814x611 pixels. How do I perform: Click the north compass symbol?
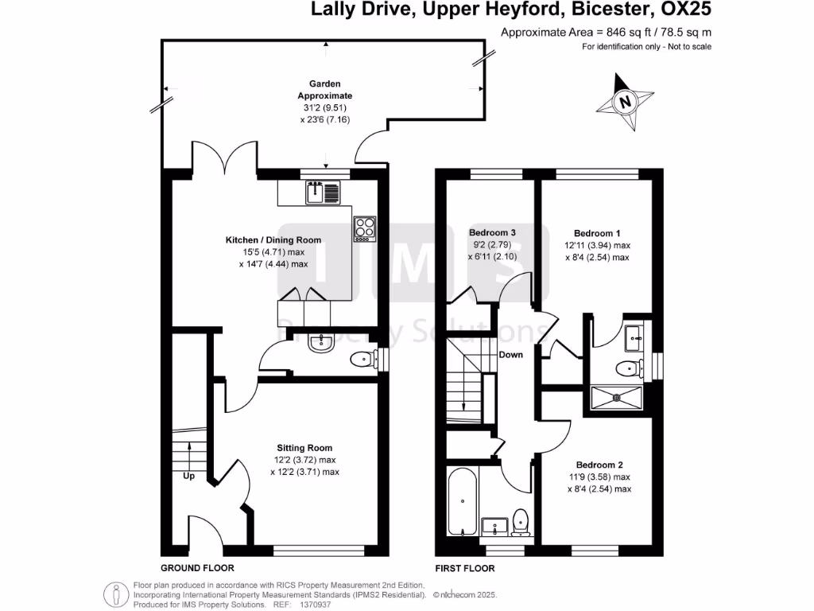(x=626, y=102)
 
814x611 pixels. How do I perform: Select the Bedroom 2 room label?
(x=599, y=465)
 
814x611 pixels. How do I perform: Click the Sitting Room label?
(x=304, y=447)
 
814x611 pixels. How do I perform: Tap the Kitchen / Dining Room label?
(x=273, y=240)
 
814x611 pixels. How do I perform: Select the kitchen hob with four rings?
(x=365, y=228)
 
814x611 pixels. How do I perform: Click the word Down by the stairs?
(x=511, y=355)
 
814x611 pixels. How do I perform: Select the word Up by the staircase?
(x=189, y=477)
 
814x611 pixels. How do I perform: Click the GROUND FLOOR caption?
(x=197, y=568)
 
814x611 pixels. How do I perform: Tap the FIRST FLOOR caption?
(x=465, y=568)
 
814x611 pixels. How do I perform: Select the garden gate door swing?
(x=371, y=146)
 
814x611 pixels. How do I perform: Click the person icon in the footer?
(x=116, y=593)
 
